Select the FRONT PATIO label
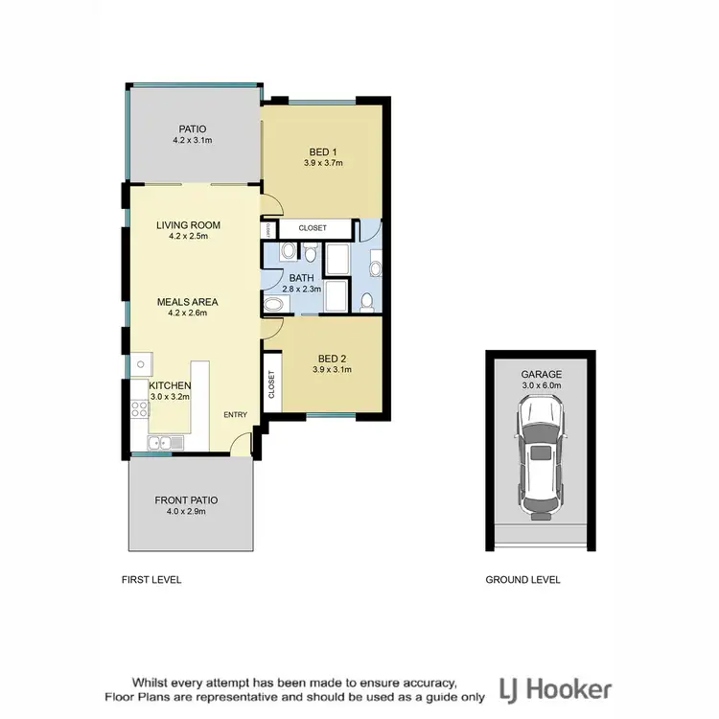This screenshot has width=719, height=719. pyautogui.click(x=187, y=500)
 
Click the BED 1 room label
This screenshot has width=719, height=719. pyautogui.click(x=323, y=151)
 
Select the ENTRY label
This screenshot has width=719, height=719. pyautogui.click(x=236, y=414)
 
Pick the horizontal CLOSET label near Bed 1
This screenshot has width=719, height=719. pyautogui.click(x=313, y=228)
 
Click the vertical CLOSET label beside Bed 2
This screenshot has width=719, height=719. pyautogui.click(x=271, y=384)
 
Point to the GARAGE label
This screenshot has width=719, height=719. pyautogui.click(x=541, y=375)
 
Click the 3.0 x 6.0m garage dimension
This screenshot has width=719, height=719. pyautogui.click(x=541, y=385)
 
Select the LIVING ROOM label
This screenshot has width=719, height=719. pyautogui.click(x=188, y=225)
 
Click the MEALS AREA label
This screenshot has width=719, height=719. pyautogui.click(x=188, y=301)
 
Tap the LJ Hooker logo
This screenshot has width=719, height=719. pyautogui.click(x=556, y=688)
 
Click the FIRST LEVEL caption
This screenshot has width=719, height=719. pyautogui.click(x=151, y=580)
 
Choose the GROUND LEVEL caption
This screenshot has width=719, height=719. pyautogui.click(x=522, y=580)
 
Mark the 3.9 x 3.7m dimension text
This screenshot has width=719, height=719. pyautogui.click(x=323, y=163)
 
